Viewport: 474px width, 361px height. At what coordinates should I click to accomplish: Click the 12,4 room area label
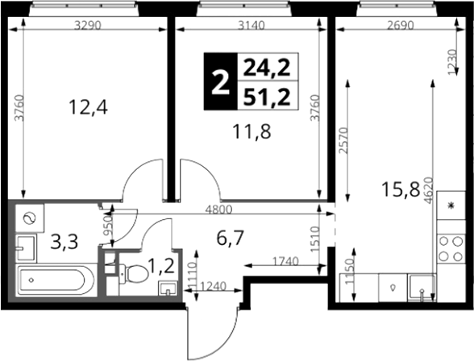click(88, 107)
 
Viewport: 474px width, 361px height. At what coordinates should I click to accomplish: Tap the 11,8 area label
click(252, 132)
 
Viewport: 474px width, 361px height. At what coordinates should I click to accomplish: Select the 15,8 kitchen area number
click(401, 189)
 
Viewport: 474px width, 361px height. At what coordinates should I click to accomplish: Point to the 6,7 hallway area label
click(230, 238)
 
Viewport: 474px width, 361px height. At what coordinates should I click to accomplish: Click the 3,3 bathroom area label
click(64, 242)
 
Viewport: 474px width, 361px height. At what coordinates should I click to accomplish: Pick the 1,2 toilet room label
click(161, 267)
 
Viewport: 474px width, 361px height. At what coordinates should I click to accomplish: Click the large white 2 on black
click(220, 81)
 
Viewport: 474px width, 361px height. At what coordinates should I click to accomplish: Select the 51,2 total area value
click(267, 98)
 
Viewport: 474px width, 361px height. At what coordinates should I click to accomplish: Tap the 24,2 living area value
click(267, 68)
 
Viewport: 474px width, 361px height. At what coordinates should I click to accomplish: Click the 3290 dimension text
click(87, 26)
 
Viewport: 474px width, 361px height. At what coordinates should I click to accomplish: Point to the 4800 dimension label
click(218, 210)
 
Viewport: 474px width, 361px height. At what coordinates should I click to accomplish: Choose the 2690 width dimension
click(401, 26)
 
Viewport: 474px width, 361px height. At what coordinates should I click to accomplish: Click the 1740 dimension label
click(285, 261)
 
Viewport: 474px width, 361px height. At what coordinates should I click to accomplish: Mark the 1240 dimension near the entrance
click(213, 286)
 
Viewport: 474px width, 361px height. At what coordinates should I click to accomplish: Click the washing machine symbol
click(30, 218)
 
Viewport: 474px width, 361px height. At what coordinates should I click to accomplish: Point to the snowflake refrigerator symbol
click(451, 205)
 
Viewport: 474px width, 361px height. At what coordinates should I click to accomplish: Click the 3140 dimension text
click(252, 26)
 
